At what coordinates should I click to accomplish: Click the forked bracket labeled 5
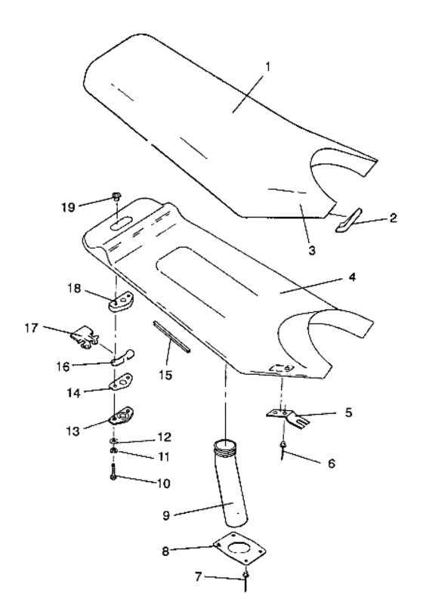[287, 415]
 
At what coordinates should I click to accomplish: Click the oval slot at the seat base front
[119, 224]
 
